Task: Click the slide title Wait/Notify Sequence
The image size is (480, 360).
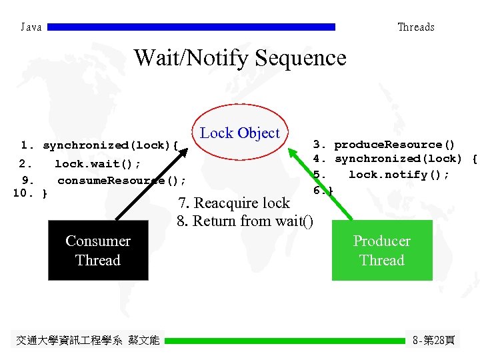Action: coord(240,58)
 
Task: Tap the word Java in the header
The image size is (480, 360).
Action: coord(31,27)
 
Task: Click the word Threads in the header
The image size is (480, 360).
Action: coord(415,27)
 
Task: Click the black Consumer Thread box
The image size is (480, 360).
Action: coord(98,251)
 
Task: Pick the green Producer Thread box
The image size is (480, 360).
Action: coord(382,251)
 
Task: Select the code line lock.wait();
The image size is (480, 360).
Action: coord(97,164)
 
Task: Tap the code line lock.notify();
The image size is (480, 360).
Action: coord(399,175)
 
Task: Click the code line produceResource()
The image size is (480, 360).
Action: coord(394,145)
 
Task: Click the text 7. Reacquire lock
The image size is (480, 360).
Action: coord(233,203)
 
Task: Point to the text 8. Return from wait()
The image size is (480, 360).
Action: coord(245,221)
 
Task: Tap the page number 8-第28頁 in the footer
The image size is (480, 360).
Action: coord(434,341)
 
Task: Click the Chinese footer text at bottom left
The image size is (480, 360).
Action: coord(87,341)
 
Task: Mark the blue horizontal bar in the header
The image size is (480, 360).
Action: coord(192,27)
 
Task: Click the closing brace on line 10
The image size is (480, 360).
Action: coord(44,194)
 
